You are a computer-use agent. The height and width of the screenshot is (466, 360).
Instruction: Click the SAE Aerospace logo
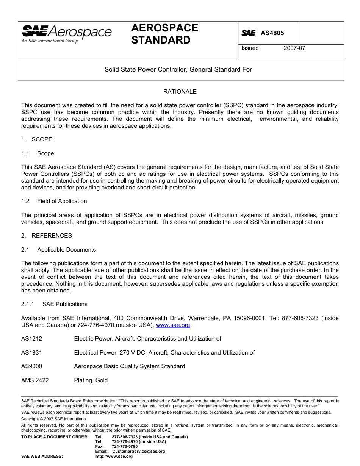66,34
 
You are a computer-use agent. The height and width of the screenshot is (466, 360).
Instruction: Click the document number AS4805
272,33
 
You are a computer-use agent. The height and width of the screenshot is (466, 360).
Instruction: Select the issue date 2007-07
294,48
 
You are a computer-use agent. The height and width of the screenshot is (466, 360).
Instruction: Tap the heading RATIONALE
180,92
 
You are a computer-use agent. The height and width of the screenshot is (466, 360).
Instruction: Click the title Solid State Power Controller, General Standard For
178,69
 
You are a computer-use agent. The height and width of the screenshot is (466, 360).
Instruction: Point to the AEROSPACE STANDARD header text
164,34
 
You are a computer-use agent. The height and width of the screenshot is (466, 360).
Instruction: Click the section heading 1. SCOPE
37,139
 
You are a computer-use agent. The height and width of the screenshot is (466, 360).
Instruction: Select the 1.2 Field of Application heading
54,201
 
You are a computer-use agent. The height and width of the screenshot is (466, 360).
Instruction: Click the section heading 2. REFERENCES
46,236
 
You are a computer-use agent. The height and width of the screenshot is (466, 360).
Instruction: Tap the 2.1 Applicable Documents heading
59,250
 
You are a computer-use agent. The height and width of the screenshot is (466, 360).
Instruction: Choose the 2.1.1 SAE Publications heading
54,304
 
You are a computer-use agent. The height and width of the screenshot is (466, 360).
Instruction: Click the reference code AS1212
31,339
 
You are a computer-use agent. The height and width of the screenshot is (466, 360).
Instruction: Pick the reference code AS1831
31,353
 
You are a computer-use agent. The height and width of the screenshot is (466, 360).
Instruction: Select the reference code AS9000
31,366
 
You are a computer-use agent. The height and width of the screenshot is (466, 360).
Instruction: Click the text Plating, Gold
91,380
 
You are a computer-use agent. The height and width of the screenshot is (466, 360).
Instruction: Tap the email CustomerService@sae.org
139,452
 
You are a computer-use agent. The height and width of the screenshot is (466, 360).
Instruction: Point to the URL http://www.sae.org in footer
114,457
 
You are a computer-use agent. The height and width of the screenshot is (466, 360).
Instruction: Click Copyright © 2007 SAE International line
54,419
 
